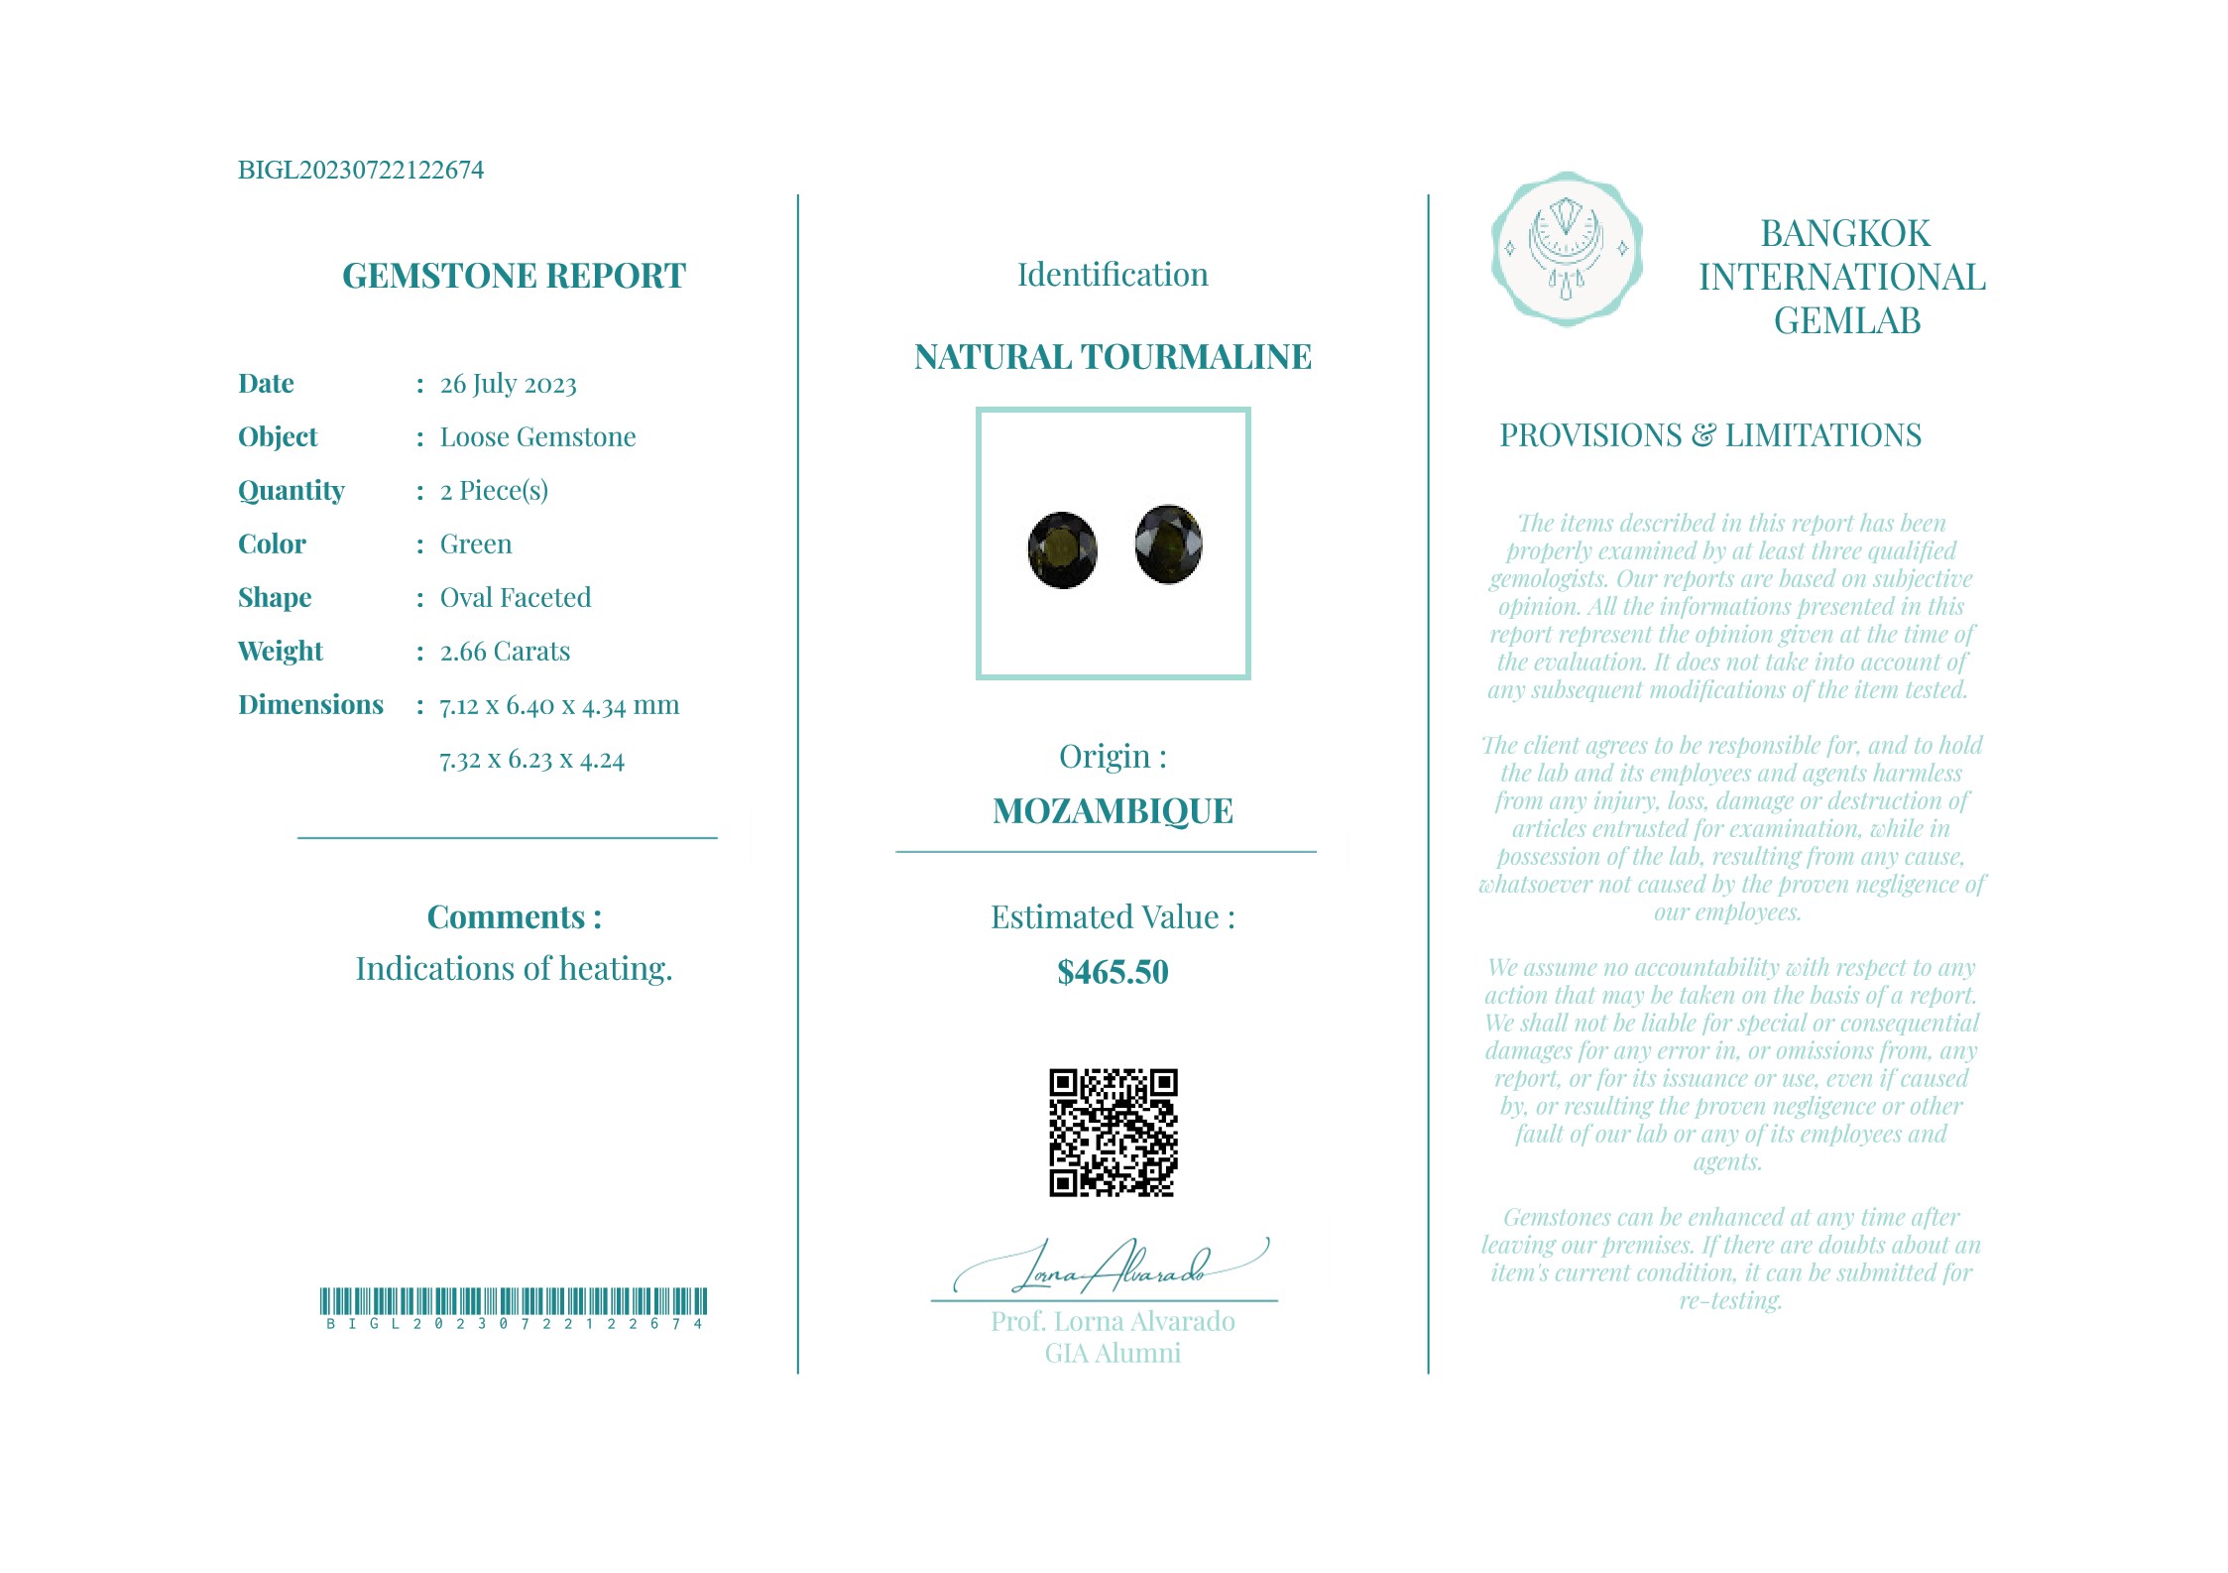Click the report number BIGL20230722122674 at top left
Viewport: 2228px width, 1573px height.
coord(361,170)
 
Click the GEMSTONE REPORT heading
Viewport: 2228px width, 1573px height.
coord(514,276)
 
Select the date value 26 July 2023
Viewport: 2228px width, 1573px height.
coord(508,384)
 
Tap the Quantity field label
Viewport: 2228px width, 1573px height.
coord(292,491)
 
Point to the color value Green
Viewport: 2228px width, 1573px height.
coord(476,544)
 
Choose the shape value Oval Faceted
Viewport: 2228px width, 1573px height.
coord(516,598)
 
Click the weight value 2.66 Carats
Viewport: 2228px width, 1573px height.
coord(505,652)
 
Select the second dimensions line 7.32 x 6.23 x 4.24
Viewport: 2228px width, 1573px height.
coord(531,760)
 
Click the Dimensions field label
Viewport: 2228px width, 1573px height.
coord(310,705)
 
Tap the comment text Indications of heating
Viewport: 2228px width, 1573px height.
coord(514,969)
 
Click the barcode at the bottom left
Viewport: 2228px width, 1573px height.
coord(514,1301)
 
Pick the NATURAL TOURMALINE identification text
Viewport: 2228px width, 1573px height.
coord(1113,357)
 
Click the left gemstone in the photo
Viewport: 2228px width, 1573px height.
coord(1062,549)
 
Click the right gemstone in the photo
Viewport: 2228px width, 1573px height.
coord(1168,544)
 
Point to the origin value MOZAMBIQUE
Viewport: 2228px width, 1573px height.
coord(1113,811)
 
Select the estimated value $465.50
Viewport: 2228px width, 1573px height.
coord(1113,972)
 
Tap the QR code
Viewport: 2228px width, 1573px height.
coord(1113,1133)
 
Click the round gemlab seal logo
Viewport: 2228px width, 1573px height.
coord(1566,249)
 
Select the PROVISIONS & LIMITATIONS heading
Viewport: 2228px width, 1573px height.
coord(1709,435)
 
